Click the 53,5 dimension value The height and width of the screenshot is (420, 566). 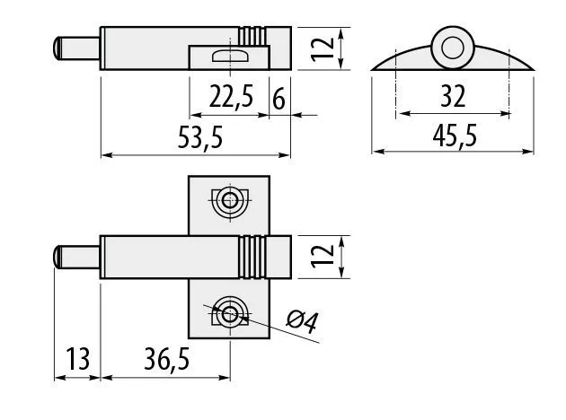[x=200, y=137]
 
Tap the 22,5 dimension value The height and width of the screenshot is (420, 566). [x=231, y=96]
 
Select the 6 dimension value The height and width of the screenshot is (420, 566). [x=279, y=99]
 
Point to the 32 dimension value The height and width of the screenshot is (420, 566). [x=453, y=96]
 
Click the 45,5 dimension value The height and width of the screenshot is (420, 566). [x=455, y=136]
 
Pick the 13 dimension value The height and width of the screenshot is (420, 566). [x=77, y=359]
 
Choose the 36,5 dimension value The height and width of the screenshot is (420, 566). [x=166, y=359]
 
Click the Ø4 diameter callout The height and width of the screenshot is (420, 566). [x=302, y=321]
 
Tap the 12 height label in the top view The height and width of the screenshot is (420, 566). [x=323, y=48]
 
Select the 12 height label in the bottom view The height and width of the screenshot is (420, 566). [x=323, y=257]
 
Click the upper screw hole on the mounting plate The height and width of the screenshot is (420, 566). [x=230, y=200]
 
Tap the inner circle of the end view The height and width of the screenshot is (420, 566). [x=452, y=48]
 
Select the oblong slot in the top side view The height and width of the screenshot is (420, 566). [x=230, y=56]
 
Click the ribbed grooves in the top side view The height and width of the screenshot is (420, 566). [x=252, y=37]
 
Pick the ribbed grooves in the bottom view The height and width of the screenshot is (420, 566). [x=252, y=257]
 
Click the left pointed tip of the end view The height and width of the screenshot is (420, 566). [x=372, y=70]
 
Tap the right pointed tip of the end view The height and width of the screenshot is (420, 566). [x=534, y=70]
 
